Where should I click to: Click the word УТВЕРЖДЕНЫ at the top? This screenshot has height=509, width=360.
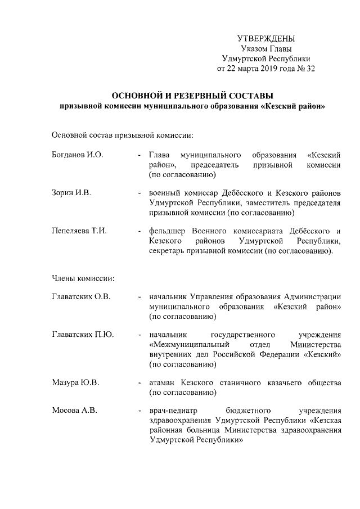click(x=267, y=39)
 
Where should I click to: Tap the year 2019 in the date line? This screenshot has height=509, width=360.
click(x=264, y=69)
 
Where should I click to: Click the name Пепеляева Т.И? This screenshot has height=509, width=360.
click(x=79, y=231)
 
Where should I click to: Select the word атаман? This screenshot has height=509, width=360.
click(x=163, y=383)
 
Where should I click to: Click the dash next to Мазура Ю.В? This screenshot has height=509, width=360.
click(x=139, y=383)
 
